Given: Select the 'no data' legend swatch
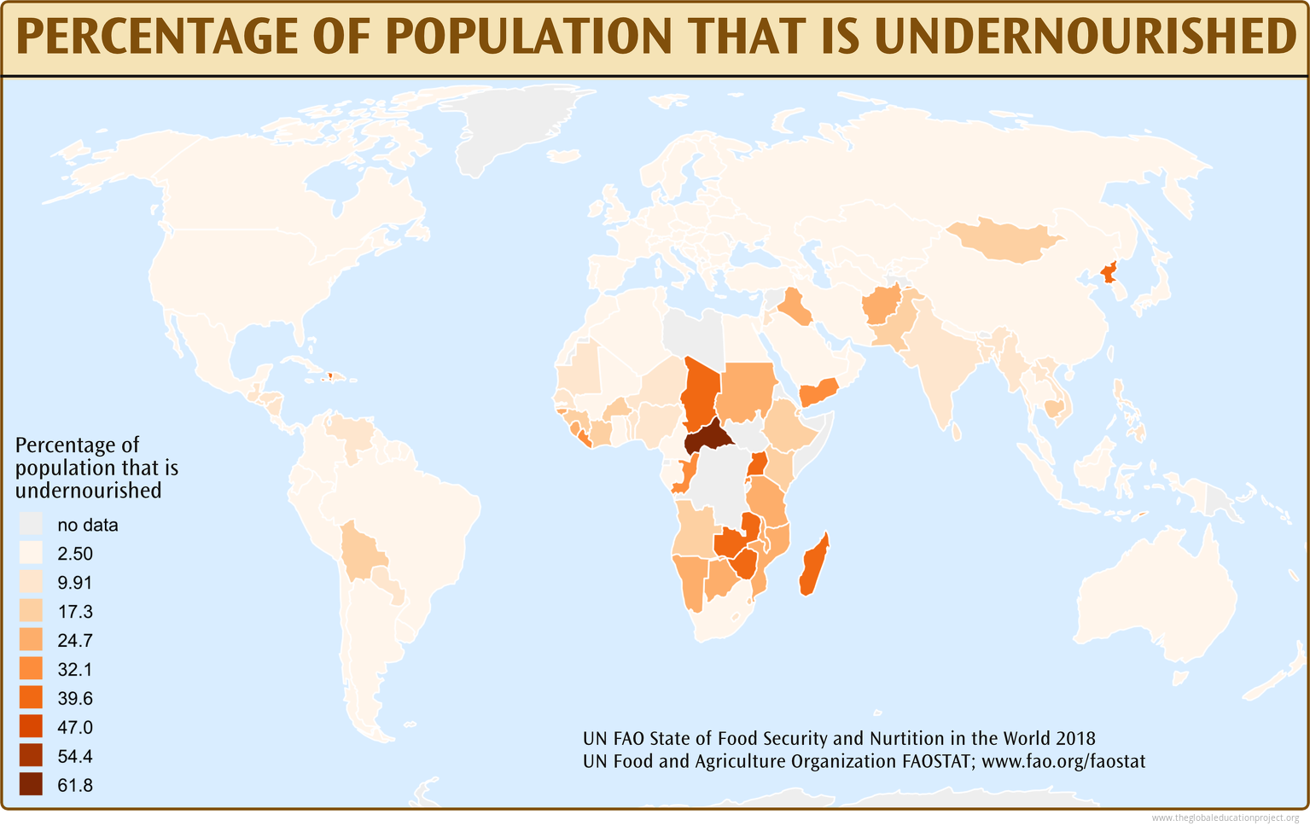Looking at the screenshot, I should [x=32, y=525].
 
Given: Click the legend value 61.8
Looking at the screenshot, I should [x=75, y=786].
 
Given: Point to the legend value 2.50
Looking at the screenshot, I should [x=75, y=554].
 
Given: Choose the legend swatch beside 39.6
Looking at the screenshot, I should [x=32, y=698].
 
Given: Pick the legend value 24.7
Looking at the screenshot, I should [x=75, y=641].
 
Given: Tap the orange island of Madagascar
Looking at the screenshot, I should [x=813, y=565].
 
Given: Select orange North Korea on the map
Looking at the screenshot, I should [x=1109, y=273].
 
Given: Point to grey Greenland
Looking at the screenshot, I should [x=512, y=128].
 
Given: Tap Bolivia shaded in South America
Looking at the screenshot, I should [x=363, y=555].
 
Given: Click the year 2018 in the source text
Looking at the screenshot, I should [x=1075, y=738].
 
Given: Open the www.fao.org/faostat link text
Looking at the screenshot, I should [x=1063, y=761].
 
